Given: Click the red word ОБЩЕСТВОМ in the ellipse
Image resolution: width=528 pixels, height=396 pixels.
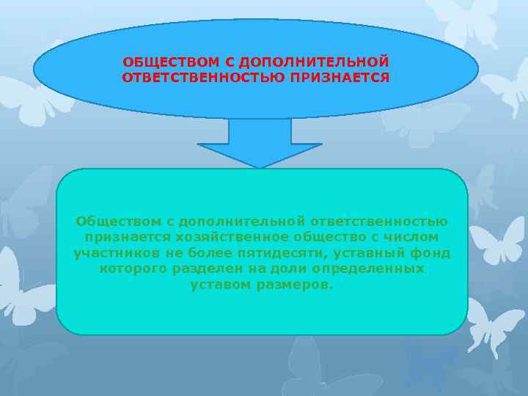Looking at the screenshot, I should coord(160,60).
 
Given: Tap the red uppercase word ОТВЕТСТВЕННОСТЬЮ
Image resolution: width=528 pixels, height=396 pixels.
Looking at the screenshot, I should coord(192,76).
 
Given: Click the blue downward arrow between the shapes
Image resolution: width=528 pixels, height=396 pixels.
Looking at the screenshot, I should coord(260,144).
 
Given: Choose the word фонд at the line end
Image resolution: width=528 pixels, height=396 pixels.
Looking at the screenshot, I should coord(433,253).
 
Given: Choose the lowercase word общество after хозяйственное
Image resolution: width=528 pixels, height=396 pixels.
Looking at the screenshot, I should coord(329,237).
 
